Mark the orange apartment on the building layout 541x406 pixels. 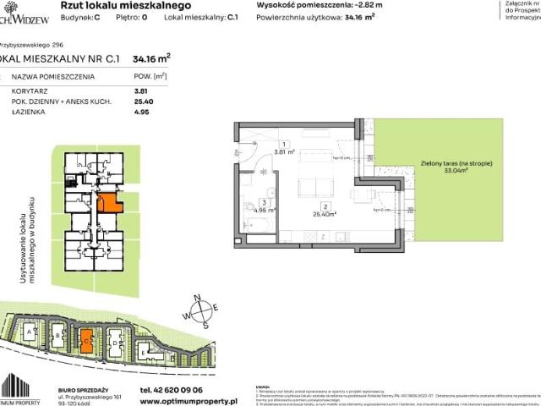coord(108,203)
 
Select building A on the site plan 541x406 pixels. coord(30,333)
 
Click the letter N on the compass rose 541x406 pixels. coord(196,298)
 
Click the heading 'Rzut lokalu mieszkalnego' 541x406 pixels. coord(108,6)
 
